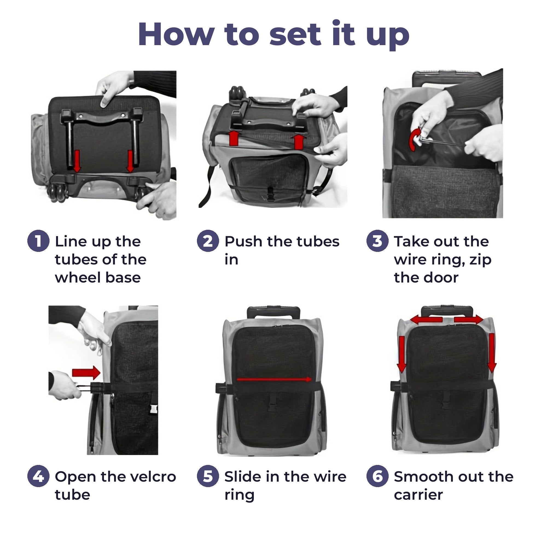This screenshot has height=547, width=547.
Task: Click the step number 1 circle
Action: (39, 241)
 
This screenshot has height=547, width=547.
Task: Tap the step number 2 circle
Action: (208, 241)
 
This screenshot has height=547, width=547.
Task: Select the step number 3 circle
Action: (377, 241)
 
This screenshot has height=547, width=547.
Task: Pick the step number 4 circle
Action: (39, 476)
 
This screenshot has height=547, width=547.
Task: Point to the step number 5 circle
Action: (208, 476)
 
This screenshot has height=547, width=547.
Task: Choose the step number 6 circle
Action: (377, 476)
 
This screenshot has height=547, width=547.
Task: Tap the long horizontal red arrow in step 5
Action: (274, 379)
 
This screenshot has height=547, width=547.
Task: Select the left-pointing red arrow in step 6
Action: (426, 320)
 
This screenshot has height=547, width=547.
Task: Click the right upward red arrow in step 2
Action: (299, 142)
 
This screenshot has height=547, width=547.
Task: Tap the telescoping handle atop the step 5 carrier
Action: (273, 312)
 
